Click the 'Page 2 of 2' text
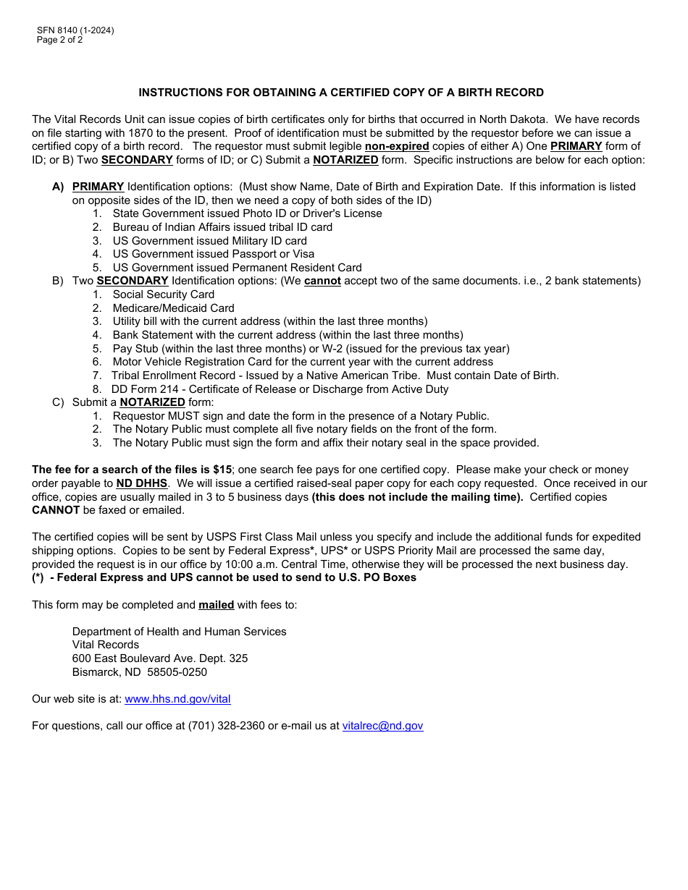tap(59, 40)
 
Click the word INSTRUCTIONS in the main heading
tap(178, 93)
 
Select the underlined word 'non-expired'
tap(397, 146)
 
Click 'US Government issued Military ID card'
tap(209, 241)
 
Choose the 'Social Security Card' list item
tap(163, 294)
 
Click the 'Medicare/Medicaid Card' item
tap(173, 308)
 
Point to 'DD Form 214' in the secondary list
tap(143, 389)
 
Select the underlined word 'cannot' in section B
tap(322, 281)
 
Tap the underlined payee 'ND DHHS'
tap(142, 483)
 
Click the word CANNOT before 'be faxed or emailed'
tap(56, 510)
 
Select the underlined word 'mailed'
tap(216, 605)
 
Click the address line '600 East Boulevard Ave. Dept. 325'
tap(159, 658)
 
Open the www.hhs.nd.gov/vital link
tap(177, 699)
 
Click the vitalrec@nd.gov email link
tap(382, 726)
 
